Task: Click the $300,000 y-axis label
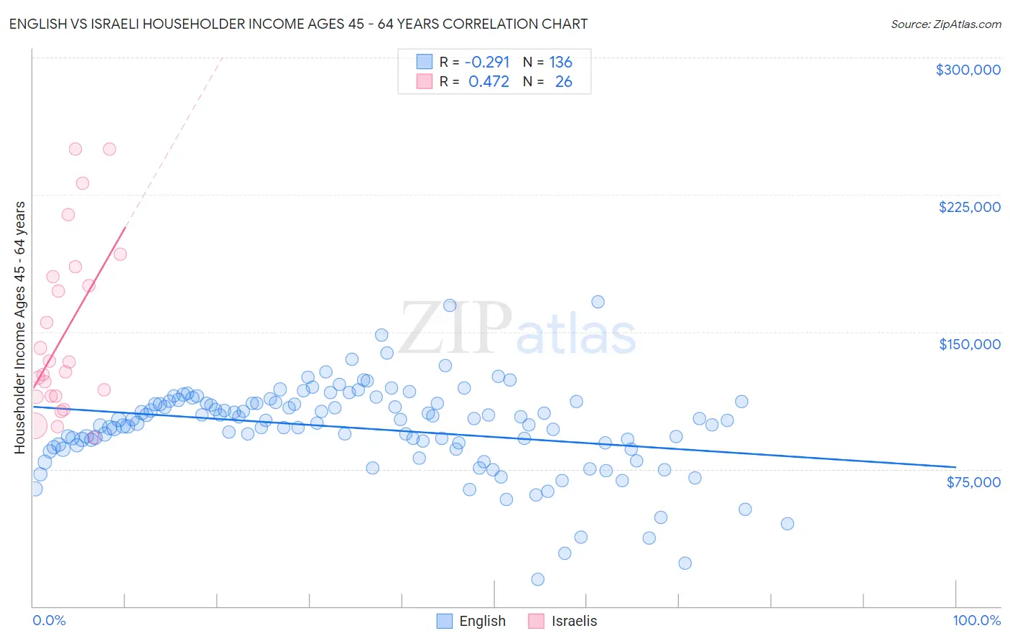pos(968,70)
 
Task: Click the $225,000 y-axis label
pos(969,207)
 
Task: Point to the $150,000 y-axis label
pos(969,344)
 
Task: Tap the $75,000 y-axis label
pos(973,482)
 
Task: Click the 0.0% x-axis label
pos(49,620)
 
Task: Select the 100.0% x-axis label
pos(976,620)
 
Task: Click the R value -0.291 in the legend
pos(487,62)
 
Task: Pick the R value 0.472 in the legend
pos(488,82)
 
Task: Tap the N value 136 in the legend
pos(560,62)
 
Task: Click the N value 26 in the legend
pos(563,82)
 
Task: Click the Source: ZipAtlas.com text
pos(945,24)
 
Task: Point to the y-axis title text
pos(19,328)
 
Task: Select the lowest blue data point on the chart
pos(537,579)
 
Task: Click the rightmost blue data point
pos(787,523)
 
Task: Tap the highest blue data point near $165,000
pos(598,302)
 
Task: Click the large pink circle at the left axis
pos(33,425)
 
